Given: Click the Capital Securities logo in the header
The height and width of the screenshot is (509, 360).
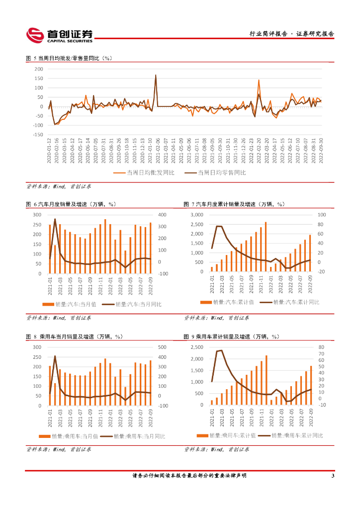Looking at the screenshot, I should pos(59,34).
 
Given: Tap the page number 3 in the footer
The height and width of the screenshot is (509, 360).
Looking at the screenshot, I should pos(332,476).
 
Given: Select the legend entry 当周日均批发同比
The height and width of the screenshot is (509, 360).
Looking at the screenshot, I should pos(145,173).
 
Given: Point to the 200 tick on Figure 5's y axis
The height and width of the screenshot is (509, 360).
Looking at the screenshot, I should pos(38,69).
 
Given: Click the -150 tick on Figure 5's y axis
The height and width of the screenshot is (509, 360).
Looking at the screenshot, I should pos(37,135).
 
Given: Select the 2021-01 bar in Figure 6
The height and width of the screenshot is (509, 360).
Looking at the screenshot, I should pos(50,249).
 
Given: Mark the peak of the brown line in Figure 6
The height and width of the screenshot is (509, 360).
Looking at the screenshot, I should pos(55,219).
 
